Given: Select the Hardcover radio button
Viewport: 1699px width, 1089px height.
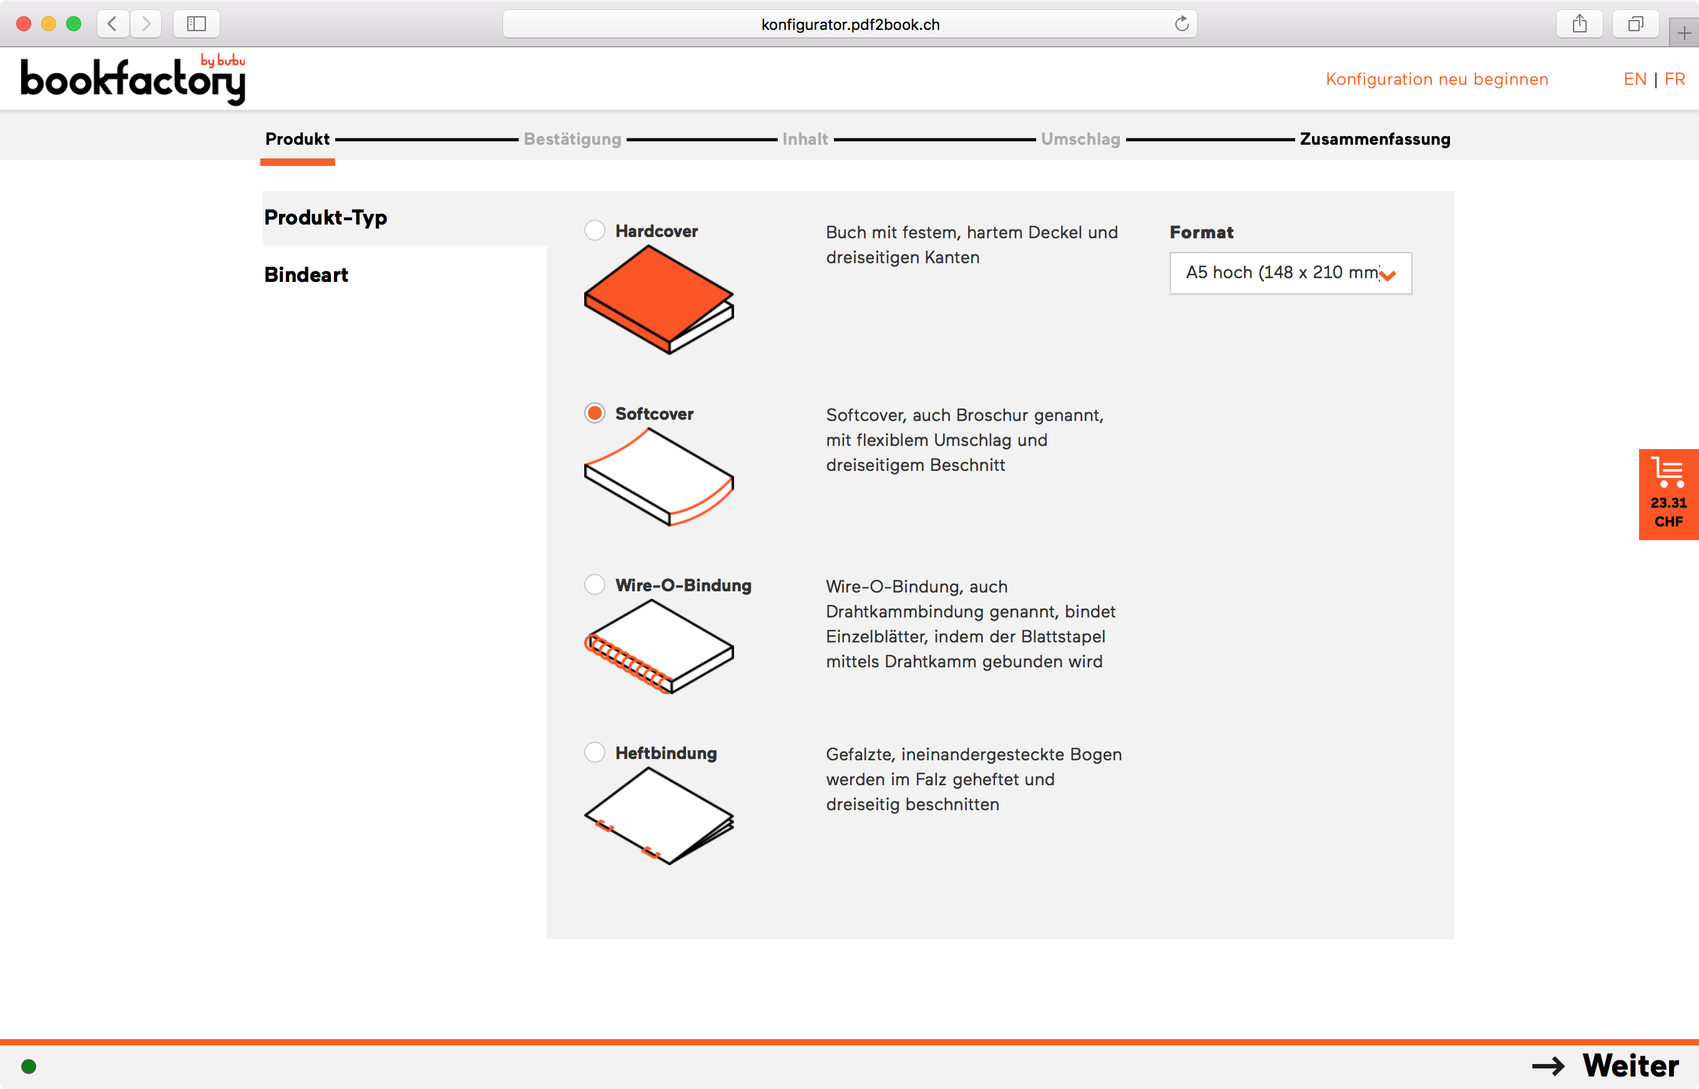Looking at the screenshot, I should pos(594,231).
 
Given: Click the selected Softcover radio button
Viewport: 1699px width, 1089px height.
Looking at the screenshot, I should pos(594,413).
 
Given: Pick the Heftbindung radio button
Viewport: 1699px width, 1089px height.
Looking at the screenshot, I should pos(594,752).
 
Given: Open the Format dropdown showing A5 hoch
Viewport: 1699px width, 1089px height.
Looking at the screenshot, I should pos(1290,273).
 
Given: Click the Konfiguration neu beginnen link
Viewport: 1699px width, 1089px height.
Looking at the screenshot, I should pos(1436,79).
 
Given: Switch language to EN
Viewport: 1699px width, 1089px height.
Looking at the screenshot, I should pos(1635,79).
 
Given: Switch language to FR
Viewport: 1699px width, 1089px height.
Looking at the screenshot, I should pos(1674,79).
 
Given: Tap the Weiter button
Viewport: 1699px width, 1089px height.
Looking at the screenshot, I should pos(1606,1066).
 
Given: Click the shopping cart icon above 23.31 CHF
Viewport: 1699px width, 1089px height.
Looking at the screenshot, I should pos(1668,472).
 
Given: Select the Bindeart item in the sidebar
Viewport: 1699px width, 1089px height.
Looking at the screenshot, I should pos(306,275).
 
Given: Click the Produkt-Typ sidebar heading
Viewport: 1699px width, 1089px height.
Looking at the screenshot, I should pos(325,218).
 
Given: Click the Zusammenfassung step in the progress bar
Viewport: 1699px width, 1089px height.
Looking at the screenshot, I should pos(1374,139).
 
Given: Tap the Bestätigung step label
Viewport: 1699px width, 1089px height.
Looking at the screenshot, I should pos(572,139).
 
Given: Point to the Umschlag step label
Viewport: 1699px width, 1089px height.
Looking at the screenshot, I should pos(1080,139).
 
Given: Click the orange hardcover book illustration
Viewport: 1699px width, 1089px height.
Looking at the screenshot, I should pos(658,298).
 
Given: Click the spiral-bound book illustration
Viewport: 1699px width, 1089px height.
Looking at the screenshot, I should pos(658,646).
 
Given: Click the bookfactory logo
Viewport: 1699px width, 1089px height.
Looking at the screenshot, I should pos(133,80).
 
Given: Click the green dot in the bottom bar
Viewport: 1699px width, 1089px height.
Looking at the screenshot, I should pos(29,1067).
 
